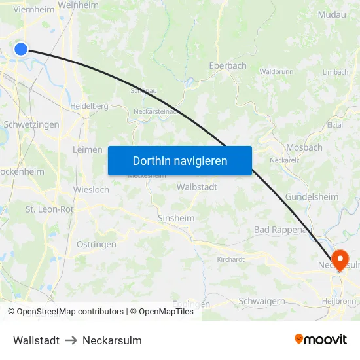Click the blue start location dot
[21, 49]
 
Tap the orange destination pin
[339, 260]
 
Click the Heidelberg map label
[89, 106]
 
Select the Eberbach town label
[228, 65]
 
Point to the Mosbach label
[304, 147]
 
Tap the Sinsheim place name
[176, 218]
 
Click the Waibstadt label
[197, 187]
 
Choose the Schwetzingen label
[31, 124]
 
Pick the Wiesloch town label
[91, 190]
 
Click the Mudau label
[331, 14]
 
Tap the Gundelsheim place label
[312, 197]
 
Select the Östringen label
[96, 244]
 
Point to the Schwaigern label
[262, 301]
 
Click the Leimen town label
[88, 149]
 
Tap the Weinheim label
[78, 5]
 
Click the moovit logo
[320, 340]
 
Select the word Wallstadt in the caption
[36, 340]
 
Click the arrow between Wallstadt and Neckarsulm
[71, 340]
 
